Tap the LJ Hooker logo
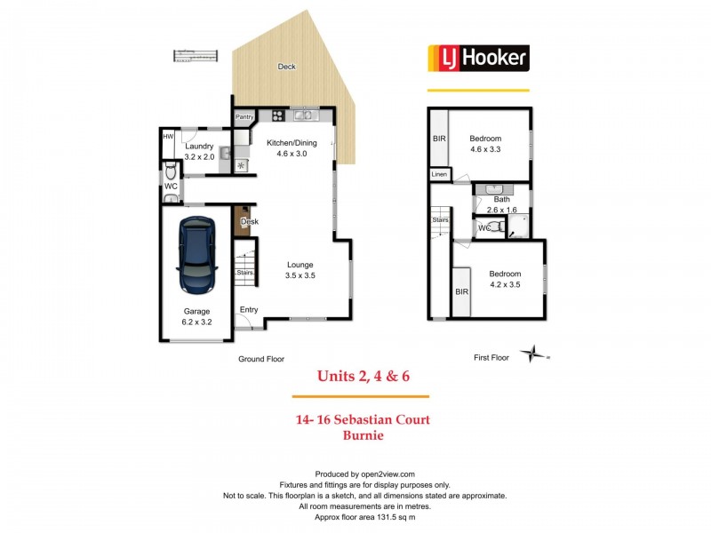[x=479, y=59]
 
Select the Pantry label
[x=245, y=117]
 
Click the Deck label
[x=286, y=67]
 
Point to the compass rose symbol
[x=534, y=354]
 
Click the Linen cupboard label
[x=439, y=175]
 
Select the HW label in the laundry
[x=168, y=136]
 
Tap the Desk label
[x=250, y=221]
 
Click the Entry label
[x=249, y=309]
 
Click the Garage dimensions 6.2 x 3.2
[x=197, y=322]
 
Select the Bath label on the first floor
[x=502, y=199]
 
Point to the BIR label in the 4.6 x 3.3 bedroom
[x=439, y=139]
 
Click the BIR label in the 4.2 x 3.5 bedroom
[x=461, y=291]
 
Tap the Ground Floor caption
[x=260, y=359]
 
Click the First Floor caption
[x=491, y=358]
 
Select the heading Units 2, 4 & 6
[x=360, y=377]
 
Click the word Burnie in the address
[x=361, y=436]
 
